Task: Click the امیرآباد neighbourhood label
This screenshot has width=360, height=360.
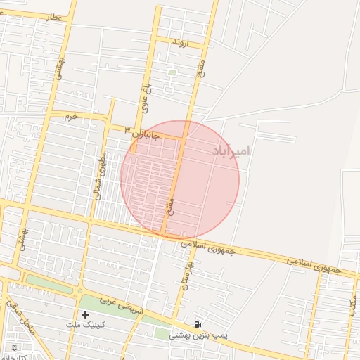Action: [x=230, y=151]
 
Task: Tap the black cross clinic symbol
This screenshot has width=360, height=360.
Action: [x=85, y=314]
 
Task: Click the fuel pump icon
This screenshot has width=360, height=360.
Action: [x=199, y=324]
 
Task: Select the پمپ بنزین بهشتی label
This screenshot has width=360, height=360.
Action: [x=198, y=336]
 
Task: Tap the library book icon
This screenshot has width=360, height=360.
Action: [x=15, y=347]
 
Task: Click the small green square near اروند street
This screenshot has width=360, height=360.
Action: [x=172, y=72]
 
